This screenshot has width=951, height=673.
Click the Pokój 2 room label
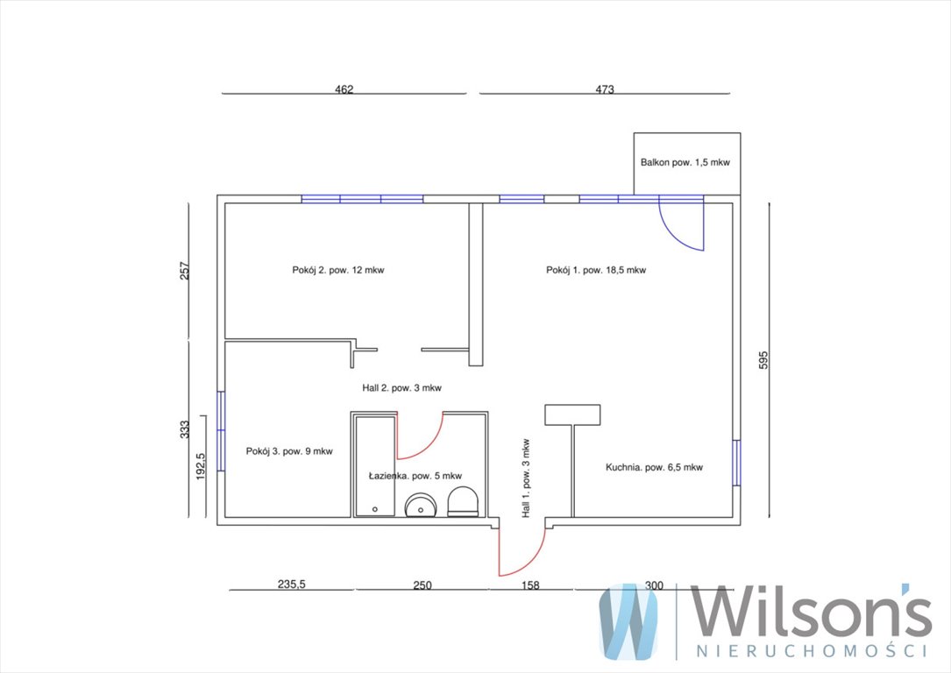(x=337, y=270)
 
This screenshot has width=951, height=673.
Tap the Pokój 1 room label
(x=596, y=270)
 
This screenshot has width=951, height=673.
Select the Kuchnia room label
(x=654, y=467)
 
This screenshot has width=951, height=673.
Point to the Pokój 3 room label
(x=289, y=451)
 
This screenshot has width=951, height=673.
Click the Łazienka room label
(x=415, y=476)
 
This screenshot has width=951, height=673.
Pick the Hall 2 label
(x=401, y=388)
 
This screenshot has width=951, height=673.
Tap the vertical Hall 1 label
(x=526, y=478)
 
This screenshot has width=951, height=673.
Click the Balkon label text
(x=685, y=162)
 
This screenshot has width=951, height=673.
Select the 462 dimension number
(x=344, y=89)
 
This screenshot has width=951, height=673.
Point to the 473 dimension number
(x=605, y=89)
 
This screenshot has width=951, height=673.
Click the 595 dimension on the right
(x=763, y=359)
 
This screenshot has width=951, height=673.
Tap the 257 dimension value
(x=185, y=271)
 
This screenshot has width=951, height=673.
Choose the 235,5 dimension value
(x=292, y=584)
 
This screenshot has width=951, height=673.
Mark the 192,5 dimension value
(x=201, y=467)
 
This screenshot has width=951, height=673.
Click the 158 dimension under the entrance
(x=530, y=585)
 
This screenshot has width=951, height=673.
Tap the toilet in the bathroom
(x=463, y=501)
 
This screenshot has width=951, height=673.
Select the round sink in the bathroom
(x=421, y=505)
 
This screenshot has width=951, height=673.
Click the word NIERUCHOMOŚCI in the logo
(x=812, y=651)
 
